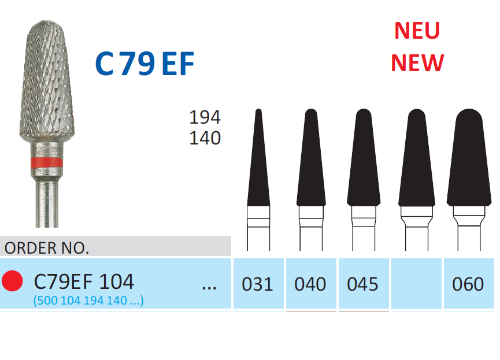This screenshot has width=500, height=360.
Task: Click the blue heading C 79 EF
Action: pos(145,64)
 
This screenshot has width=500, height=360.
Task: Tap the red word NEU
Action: pos(417,31)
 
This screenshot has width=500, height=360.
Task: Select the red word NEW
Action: pos(417,63)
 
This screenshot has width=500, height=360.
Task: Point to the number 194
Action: pos(205,117)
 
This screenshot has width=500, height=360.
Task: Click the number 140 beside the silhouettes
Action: pos(205,138)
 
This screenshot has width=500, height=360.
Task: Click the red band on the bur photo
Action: pos(47,162)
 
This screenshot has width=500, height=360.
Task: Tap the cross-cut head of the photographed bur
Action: pos(47,81)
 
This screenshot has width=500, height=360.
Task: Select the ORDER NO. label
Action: pos(47,248)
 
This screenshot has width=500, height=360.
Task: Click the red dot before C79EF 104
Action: pos(12,281)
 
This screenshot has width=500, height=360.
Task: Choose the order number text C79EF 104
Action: pos(84,281)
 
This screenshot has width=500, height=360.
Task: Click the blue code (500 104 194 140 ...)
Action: pos(88,300)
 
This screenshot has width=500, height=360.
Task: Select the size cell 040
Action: pos(311,284)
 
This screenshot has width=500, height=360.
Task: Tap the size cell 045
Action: pos(364,284)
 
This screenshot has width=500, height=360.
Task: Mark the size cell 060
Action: pos(469,284)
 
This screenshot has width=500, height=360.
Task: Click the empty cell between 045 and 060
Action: pos(416,284)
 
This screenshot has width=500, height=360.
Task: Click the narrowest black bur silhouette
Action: pos(258,158)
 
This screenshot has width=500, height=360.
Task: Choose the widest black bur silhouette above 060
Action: pos(469,158)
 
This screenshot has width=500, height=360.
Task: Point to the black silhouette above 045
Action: pos(364,158)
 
